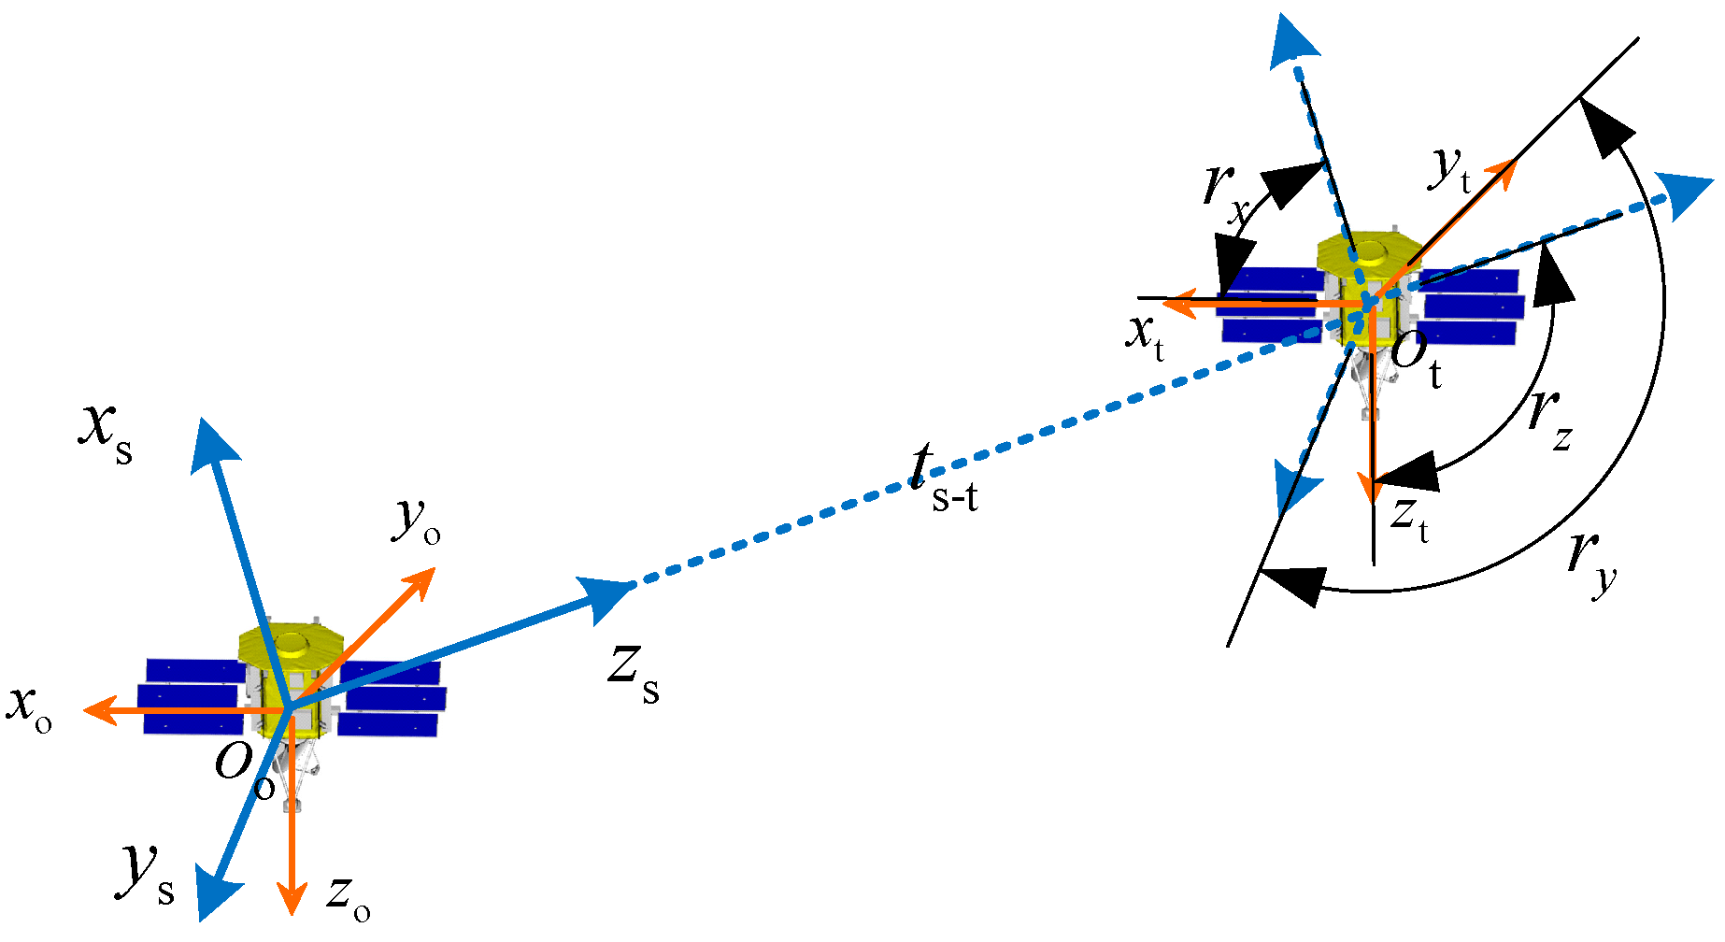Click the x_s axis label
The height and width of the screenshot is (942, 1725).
pyautogui.click(x=105, y=435)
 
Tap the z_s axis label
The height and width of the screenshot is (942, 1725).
pyautogui.click(x=634, y=675)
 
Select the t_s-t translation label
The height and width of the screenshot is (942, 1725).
pyautogui.click(x=944, y=480)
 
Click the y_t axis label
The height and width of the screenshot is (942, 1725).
pyautogui.click(x=1451, y=170)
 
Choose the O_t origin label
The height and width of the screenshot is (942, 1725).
pyautogui.click(x=1417, y=359)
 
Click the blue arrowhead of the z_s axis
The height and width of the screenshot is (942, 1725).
pyautogui.click(x=608, y=596)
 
